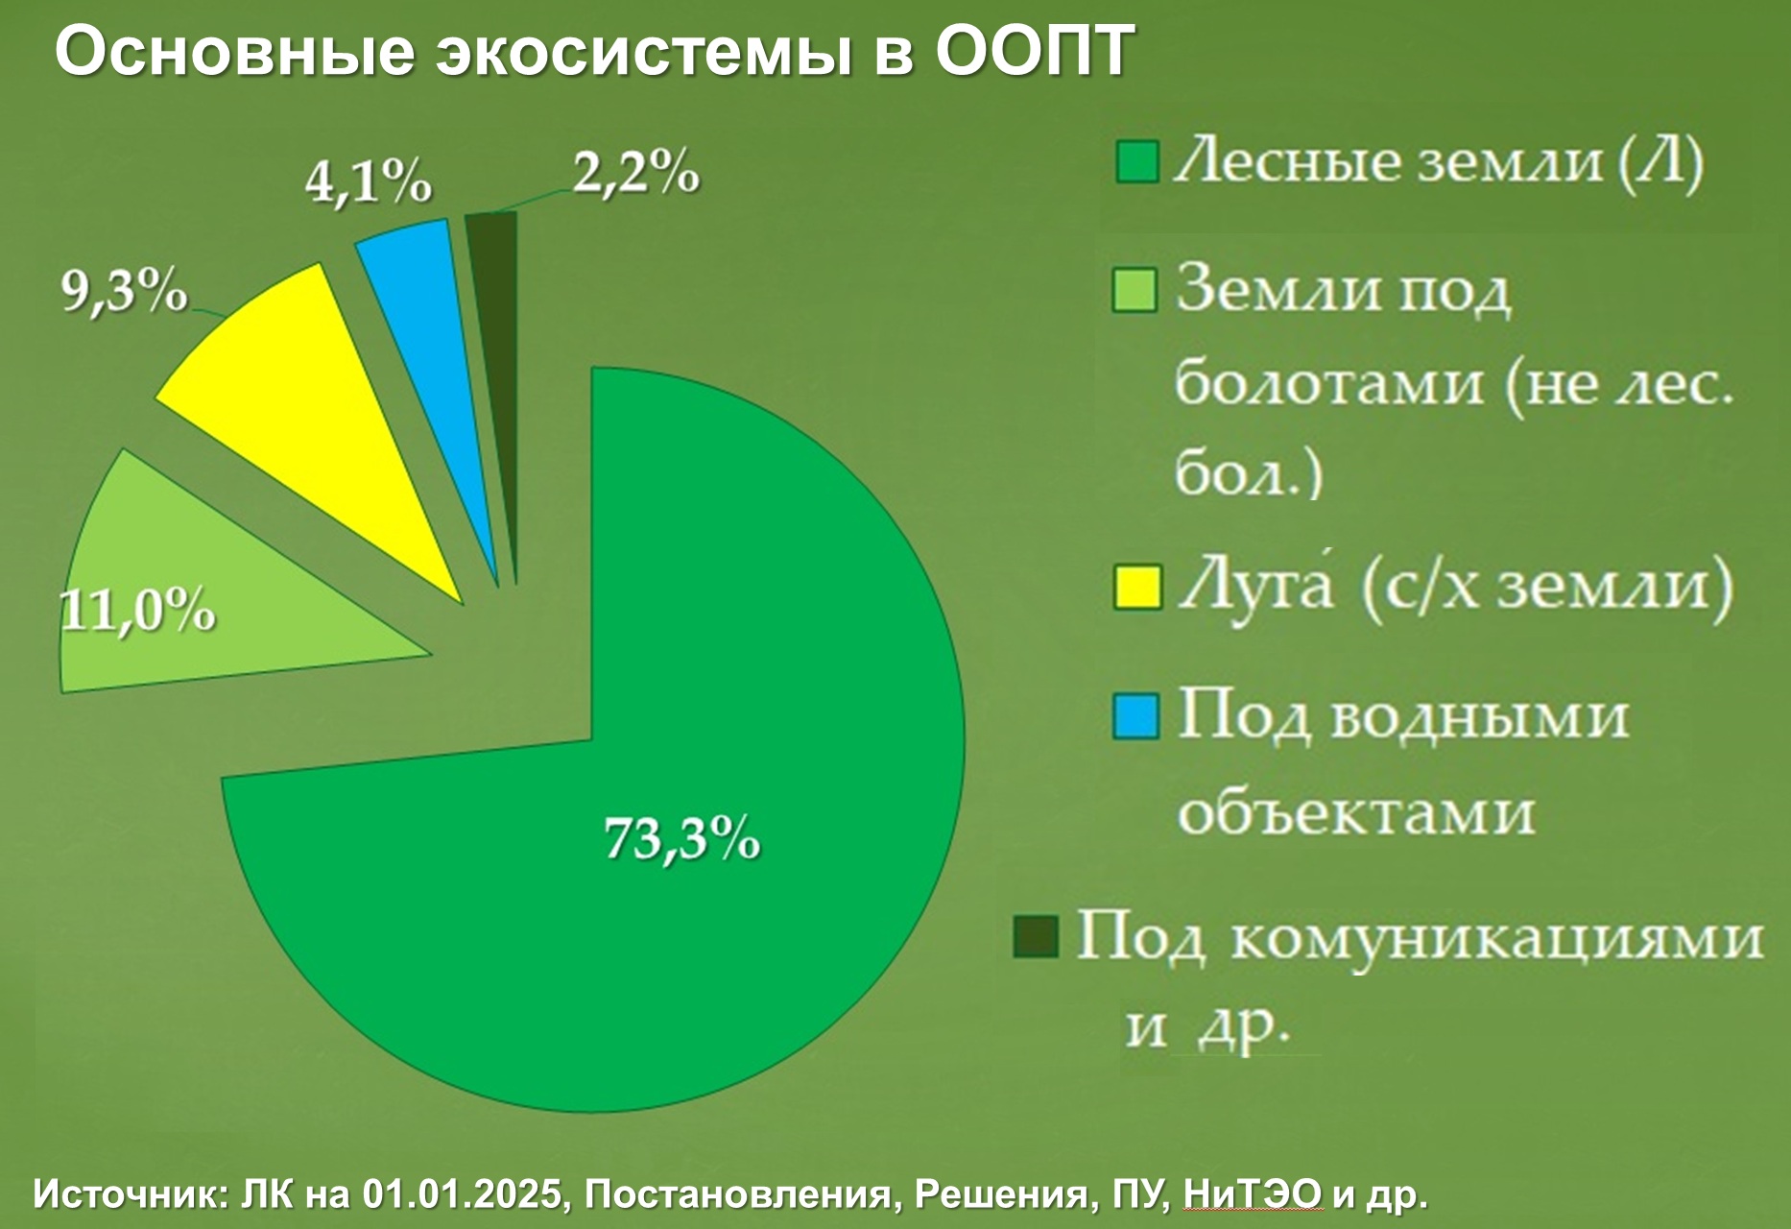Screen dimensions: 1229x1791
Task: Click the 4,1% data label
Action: point(369,181)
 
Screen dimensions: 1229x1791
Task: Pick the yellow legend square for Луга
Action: point(1136,588)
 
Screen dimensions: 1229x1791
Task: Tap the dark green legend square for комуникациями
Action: point(1036,936)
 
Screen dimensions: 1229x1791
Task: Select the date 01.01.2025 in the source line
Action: point(462,1195)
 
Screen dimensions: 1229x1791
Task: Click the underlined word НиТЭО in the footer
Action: point(1253,1195)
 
